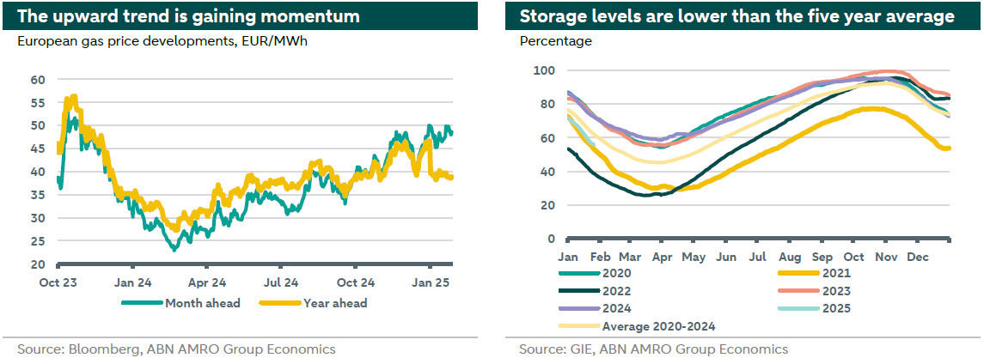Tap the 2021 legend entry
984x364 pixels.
[x=824, y=272]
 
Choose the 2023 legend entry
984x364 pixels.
[x=824, y=290]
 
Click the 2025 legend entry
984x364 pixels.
[x=824, y=308]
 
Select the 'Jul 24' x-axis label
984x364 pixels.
[x=282, y=282]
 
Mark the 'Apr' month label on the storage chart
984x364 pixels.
[x=663, y=256]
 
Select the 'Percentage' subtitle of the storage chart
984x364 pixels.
[x=556, y=41]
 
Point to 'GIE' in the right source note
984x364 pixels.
[x=583, y=349]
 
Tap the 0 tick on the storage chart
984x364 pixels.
[x=550, y=239]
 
